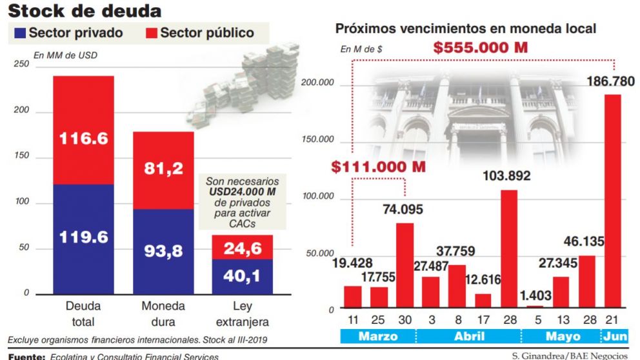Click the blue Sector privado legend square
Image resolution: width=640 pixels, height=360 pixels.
coord(19,33)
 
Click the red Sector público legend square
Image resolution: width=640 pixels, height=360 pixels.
coord(150,33)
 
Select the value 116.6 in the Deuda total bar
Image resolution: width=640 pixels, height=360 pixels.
coord(84,138)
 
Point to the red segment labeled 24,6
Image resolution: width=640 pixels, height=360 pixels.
coord(242,247)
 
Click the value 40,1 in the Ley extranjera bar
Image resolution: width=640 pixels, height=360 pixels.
coord(242,276)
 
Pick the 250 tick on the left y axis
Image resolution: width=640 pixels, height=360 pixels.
coord(21,65)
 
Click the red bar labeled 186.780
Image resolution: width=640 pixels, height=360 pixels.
coord(612,201)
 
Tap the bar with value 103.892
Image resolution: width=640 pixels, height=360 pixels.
coord(509,248)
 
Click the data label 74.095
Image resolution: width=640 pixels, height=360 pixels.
coord(405,213)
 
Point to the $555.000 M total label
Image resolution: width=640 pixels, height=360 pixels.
coord(481,48)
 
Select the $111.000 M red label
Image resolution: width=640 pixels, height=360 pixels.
coord(379,166)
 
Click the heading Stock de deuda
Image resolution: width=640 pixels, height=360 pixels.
coord(84,11)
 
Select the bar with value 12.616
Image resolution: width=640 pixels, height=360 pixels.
coord(483,301)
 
